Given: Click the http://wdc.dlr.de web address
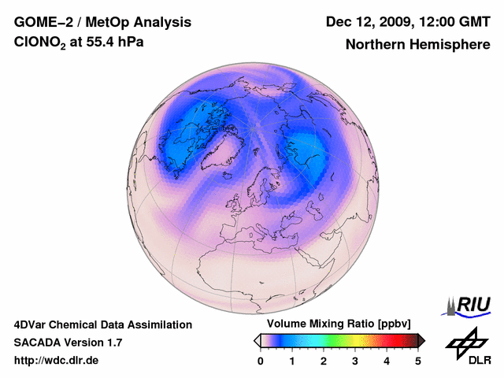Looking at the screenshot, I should click(57, 361).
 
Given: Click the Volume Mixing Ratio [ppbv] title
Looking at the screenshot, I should click(336, 324).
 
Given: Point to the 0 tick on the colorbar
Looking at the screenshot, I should click(261, 361).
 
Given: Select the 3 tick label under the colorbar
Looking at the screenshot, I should click(355, 361).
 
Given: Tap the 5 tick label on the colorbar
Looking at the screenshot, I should click(418, 361).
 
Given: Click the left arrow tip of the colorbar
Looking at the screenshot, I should click(256, 340).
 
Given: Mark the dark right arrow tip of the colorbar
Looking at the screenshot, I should click(422, 340).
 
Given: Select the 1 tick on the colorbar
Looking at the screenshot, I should click(292, 361).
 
